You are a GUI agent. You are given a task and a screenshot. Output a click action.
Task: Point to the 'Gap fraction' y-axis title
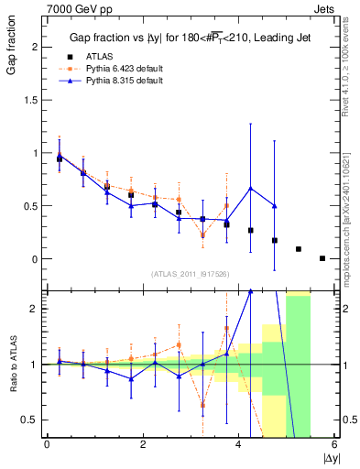pos(10,44)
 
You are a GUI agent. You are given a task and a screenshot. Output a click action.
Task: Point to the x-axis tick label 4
pos(239,445)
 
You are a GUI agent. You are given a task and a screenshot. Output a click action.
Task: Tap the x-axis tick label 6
pos(334,445)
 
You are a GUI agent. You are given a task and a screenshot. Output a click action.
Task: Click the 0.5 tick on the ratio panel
pos(30,420)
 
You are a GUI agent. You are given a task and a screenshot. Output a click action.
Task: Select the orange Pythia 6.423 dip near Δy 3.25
pos(202,235)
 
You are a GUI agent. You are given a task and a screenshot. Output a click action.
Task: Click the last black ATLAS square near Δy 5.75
pos(322,258)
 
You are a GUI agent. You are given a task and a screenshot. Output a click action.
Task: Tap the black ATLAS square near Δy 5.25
pos(299,249)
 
